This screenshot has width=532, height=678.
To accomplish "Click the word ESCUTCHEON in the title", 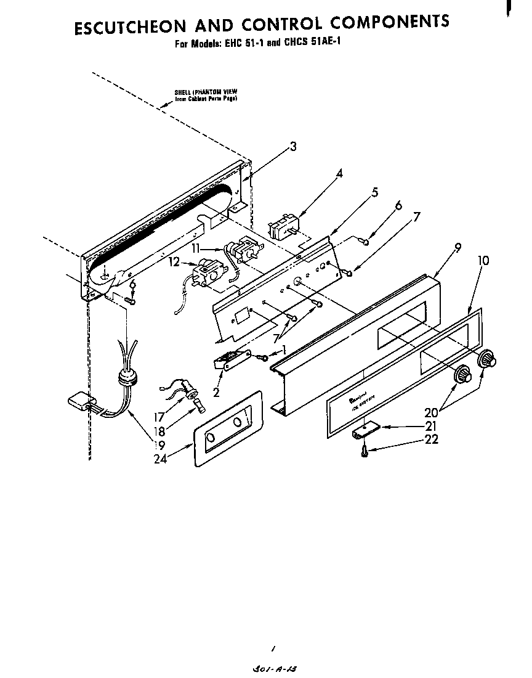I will [129, 28].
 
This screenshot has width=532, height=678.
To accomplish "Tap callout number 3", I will [293, 146].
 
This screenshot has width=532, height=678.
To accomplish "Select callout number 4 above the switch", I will [339, 173].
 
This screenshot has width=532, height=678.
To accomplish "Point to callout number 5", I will [374, 192].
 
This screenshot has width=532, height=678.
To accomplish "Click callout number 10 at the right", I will [483, 260].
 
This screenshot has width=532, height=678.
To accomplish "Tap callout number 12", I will [174, 263].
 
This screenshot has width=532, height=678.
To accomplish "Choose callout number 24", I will [161, 458].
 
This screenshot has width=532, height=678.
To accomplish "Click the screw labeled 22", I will [365, 451].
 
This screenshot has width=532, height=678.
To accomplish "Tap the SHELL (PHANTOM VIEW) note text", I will [206, 95].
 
